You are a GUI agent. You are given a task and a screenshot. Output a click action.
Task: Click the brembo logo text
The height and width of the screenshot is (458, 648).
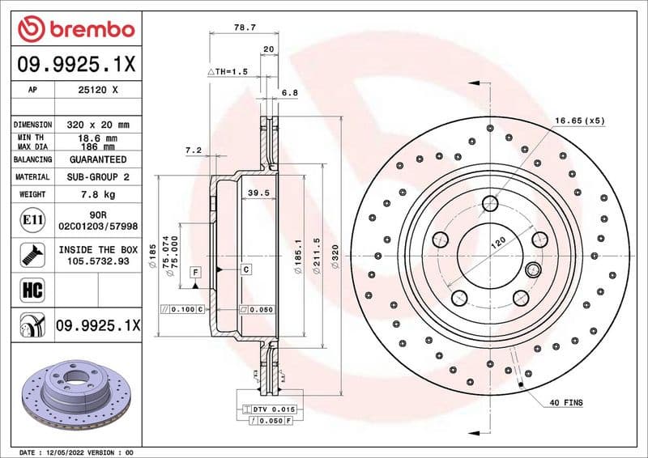(88, 29)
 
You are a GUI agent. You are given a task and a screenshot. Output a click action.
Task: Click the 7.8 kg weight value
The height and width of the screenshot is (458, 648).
(97, 194)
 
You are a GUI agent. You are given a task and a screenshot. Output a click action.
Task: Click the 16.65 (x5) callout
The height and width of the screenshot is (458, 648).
(579, 121)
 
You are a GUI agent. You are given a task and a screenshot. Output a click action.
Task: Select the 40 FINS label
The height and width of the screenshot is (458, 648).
(566, 402)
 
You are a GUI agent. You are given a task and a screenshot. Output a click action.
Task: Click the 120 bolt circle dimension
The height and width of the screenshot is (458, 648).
(497, 240)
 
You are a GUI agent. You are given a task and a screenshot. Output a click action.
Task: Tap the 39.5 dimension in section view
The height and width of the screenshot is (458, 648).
(258, 193)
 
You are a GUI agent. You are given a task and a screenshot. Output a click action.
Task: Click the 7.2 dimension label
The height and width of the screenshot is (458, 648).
(193, 150)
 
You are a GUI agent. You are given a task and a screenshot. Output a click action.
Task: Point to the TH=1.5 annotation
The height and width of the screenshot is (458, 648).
(227, 72)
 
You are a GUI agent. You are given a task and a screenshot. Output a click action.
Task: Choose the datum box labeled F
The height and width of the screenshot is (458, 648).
(195, 273)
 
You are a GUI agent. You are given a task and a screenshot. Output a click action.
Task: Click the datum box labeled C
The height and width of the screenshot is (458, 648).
(245, 268)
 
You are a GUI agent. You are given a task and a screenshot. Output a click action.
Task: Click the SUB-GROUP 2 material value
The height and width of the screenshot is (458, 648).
(97, 176)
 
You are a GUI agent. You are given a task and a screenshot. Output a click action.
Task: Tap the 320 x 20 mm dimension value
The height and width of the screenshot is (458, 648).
(97, 125)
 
